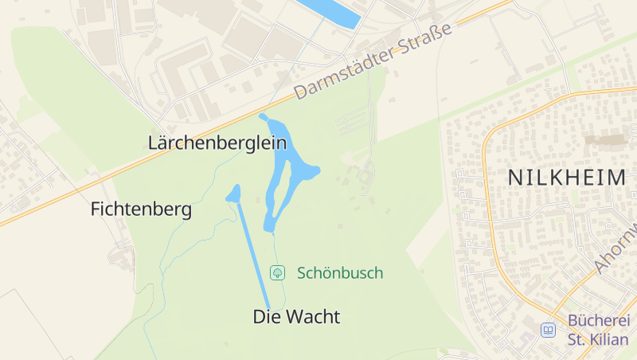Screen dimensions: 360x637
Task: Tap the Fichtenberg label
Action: point(141,209)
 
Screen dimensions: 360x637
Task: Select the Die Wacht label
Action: point(296,317)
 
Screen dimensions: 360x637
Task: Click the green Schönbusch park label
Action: point(339,273)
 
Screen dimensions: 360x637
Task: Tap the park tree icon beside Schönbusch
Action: point(277,273)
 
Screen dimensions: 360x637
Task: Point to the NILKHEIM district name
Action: point(567,178)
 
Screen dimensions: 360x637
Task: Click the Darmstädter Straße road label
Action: point(373,61)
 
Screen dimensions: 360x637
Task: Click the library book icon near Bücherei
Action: point(548,330)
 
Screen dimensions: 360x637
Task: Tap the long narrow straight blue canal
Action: point(252,255)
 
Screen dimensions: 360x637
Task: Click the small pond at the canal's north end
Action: point(234,194)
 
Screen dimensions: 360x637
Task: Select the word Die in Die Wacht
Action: point(265,317)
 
